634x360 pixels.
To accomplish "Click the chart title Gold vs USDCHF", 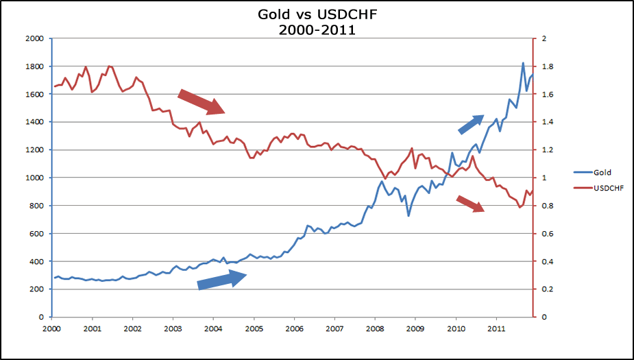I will [x=316, y=14].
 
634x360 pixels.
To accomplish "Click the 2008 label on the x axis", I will [x=375, y=329].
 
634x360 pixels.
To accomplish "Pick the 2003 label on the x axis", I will [x=173, y=329].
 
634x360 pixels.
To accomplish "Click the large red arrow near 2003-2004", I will [x=202, y=101].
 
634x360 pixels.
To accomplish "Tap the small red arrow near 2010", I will [x=471, y=203].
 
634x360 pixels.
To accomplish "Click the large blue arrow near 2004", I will [x=222, y=279].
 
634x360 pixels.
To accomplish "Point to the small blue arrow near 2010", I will [x=471, y=124].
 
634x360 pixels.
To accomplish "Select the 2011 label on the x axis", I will [x=496, y=329].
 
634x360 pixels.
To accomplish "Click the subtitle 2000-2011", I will [x=316, y=29].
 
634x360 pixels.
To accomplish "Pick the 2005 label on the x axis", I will [x=254, y=329].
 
